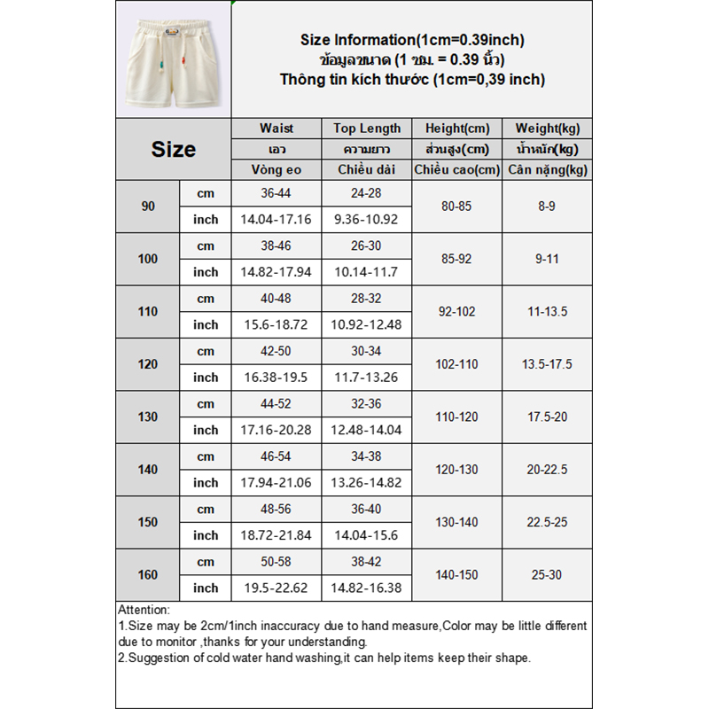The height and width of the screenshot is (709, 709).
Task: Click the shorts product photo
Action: point(173,58)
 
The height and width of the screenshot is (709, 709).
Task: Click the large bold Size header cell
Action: point(174,149)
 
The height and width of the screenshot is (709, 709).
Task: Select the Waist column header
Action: point(277,129)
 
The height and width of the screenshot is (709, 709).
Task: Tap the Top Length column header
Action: point(368,129)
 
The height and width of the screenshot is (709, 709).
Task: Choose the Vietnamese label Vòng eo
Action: point(277,170)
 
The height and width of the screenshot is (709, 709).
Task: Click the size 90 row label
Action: point(148,206)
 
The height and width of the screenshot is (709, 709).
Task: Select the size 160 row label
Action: point(148,575)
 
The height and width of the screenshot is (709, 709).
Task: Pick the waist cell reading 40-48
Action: point(277,299)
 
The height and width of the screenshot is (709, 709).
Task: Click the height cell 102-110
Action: point(458,364)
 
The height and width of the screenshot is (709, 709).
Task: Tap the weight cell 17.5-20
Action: point(548,417)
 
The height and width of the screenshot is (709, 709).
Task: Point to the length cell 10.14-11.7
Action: point(368,272)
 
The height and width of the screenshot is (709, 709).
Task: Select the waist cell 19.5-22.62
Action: point(277,588)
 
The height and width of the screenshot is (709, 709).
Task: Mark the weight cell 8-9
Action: point(548,206)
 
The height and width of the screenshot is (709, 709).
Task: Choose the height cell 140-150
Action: point(458,575)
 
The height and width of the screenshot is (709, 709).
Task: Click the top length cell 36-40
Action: point(368,510)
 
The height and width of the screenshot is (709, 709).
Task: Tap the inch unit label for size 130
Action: point(206,430)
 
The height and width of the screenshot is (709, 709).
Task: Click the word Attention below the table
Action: point(144,610)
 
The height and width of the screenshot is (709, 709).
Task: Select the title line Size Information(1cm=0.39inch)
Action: point(412,40)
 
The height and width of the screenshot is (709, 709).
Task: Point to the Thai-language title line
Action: point(412,59)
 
